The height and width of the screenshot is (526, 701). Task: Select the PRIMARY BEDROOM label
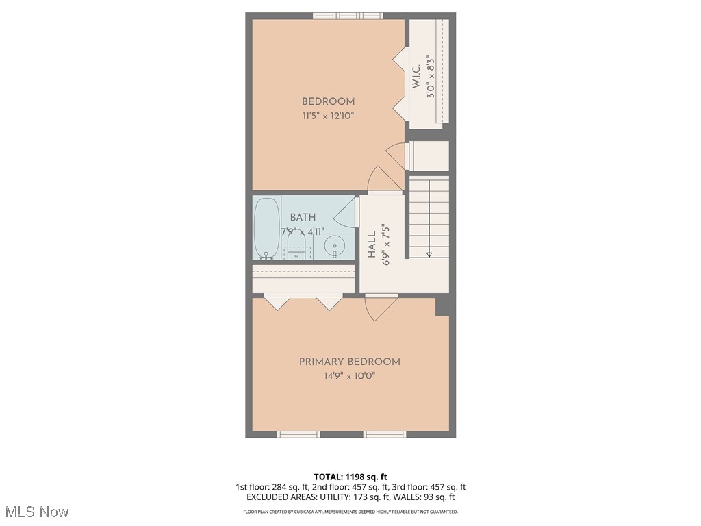350,362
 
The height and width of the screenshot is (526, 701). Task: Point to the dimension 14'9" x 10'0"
350,375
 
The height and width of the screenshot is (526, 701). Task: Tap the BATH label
303,217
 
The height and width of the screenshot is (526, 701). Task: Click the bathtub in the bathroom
266,227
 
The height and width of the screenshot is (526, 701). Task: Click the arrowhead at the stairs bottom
429,254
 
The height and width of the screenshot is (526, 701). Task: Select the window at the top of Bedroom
348,16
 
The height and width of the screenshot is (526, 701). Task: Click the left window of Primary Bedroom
298,434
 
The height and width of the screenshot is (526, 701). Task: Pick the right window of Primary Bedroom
385,434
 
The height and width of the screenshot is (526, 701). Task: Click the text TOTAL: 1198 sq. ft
350,477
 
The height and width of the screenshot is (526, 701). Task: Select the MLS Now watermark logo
36,512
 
